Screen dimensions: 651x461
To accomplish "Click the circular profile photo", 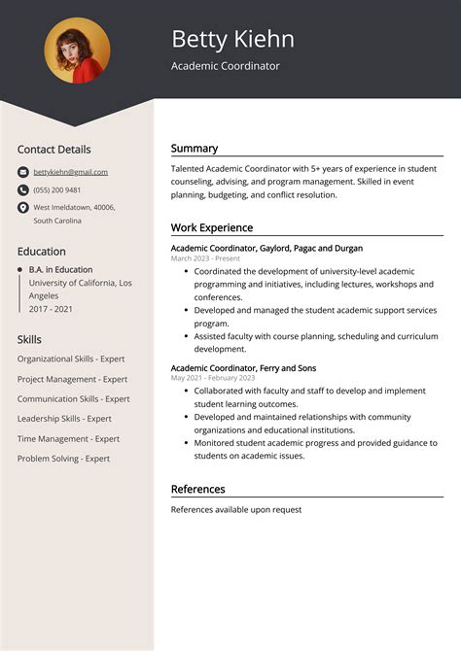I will point(77,51).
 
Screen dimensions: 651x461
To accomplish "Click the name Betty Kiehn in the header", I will point(232,39).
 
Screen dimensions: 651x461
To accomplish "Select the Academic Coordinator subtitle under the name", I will point(225,66).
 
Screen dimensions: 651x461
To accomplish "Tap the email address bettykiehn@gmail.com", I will point(70,172).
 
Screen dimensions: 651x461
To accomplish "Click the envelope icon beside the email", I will point(23,172).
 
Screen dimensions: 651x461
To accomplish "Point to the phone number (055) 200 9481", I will point(56,189).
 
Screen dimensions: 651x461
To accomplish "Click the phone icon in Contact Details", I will point(23,189).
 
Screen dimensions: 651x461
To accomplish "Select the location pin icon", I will point(23,207).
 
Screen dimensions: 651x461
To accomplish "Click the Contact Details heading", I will point(53,150).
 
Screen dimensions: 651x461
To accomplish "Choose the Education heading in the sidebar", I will point(41,251).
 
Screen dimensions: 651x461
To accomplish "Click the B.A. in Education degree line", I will point(60,269).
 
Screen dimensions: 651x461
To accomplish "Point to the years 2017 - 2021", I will point(51,308).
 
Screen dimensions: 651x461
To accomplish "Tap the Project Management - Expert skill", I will point(72,379).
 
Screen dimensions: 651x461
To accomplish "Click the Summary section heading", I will point(195,149).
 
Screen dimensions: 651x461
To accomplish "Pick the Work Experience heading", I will point(211,227).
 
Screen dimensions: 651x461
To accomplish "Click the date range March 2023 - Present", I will point(205,259).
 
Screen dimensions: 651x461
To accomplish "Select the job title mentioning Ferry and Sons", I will point(243,368).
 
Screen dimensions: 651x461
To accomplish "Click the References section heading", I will point(197,489).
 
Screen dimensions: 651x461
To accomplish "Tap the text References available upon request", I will point(236,509).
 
